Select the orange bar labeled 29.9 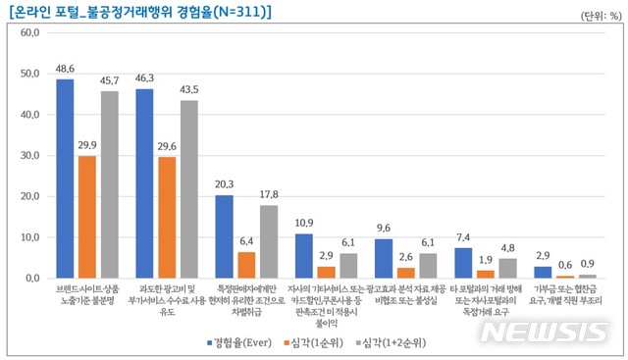[x=87, y=217]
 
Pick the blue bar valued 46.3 [x=144, y=183]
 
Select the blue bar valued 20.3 [x=224, y=236]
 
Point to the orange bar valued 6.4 [x=245, y=265]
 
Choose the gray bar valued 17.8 [x=268, y=241]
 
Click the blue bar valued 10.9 [x=303, y=256]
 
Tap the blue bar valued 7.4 [x=462, y=263]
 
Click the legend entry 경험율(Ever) [x=241, y=341]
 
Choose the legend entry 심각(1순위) [x=327, y=341]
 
